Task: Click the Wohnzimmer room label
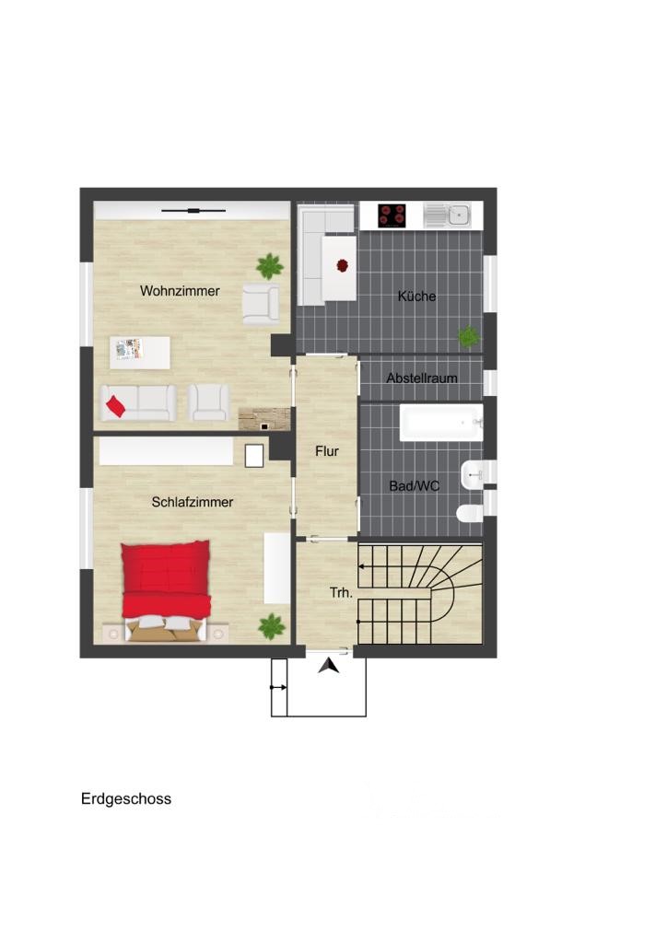[x=180, y=291]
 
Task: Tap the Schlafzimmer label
[x=193, y=502]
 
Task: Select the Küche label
[x=416, y=296]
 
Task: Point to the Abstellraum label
[x=422, y=378]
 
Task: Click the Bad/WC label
[x=415, y=486]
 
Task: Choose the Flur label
[x=327, y=451]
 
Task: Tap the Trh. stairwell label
[x=341, y=592]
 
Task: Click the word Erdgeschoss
[x=126, y=798]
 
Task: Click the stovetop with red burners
[x=392, y=215]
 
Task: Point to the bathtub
[x=441, y=422]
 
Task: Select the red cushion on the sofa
[x=115, y=406]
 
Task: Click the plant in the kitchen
[x=469, y=336]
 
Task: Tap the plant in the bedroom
[x=271, y=626]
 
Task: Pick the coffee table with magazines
[x=140, y=353]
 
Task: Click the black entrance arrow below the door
[x=328, y=667]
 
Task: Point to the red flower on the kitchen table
[x=342, y=265]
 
